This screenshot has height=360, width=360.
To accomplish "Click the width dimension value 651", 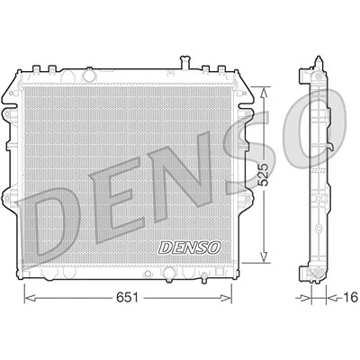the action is pyautogui.click(x=128, y=297).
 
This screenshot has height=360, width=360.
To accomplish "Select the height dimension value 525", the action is pyautogui.click(x=263, y=175).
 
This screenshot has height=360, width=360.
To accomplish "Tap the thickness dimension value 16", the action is pyautogui.click(x=350, y=297).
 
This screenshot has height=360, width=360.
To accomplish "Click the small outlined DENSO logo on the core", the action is pyautogui.click(x=190, y=247).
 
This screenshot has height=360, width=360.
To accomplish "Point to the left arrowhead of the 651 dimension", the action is pyautogui.click(x=30, y=298).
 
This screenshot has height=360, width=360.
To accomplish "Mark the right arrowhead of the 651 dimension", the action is pyautogui.click(x=226, y=298).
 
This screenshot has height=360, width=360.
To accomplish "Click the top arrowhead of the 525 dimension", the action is pyautogui.click(x=264, y=94).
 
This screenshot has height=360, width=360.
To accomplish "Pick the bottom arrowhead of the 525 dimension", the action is pyautogui.click(x=264, y=256).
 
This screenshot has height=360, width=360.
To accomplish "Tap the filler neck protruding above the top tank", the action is pyautogui.click(x=184, y=62).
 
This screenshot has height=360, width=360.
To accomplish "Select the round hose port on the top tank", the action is pyautogui.click(x=89, y=75).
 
